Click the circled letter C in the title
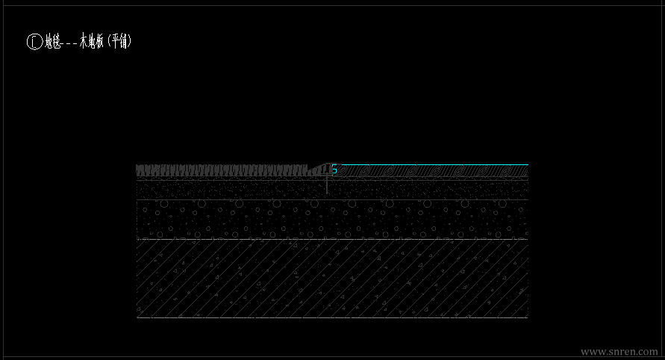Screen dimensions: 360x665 click(x=34, y=42)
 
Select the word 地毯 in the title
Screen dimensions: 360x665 click(x=52, y=42)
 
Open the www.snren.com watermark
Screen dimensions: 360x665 click(x=619, y=351)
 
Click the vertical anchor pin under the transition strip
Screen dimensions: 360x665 click(x=327, y=185)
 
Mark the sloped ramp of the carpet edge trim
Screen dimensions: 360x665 click(x=319, y=167)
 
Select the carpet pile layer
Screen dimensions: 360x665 click(x=224, y=171)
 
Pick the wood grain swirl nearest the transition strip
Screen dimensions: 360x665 click(x=346, y=171)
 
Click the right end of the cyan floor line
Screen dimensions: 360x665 click(x=527, y=164)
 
